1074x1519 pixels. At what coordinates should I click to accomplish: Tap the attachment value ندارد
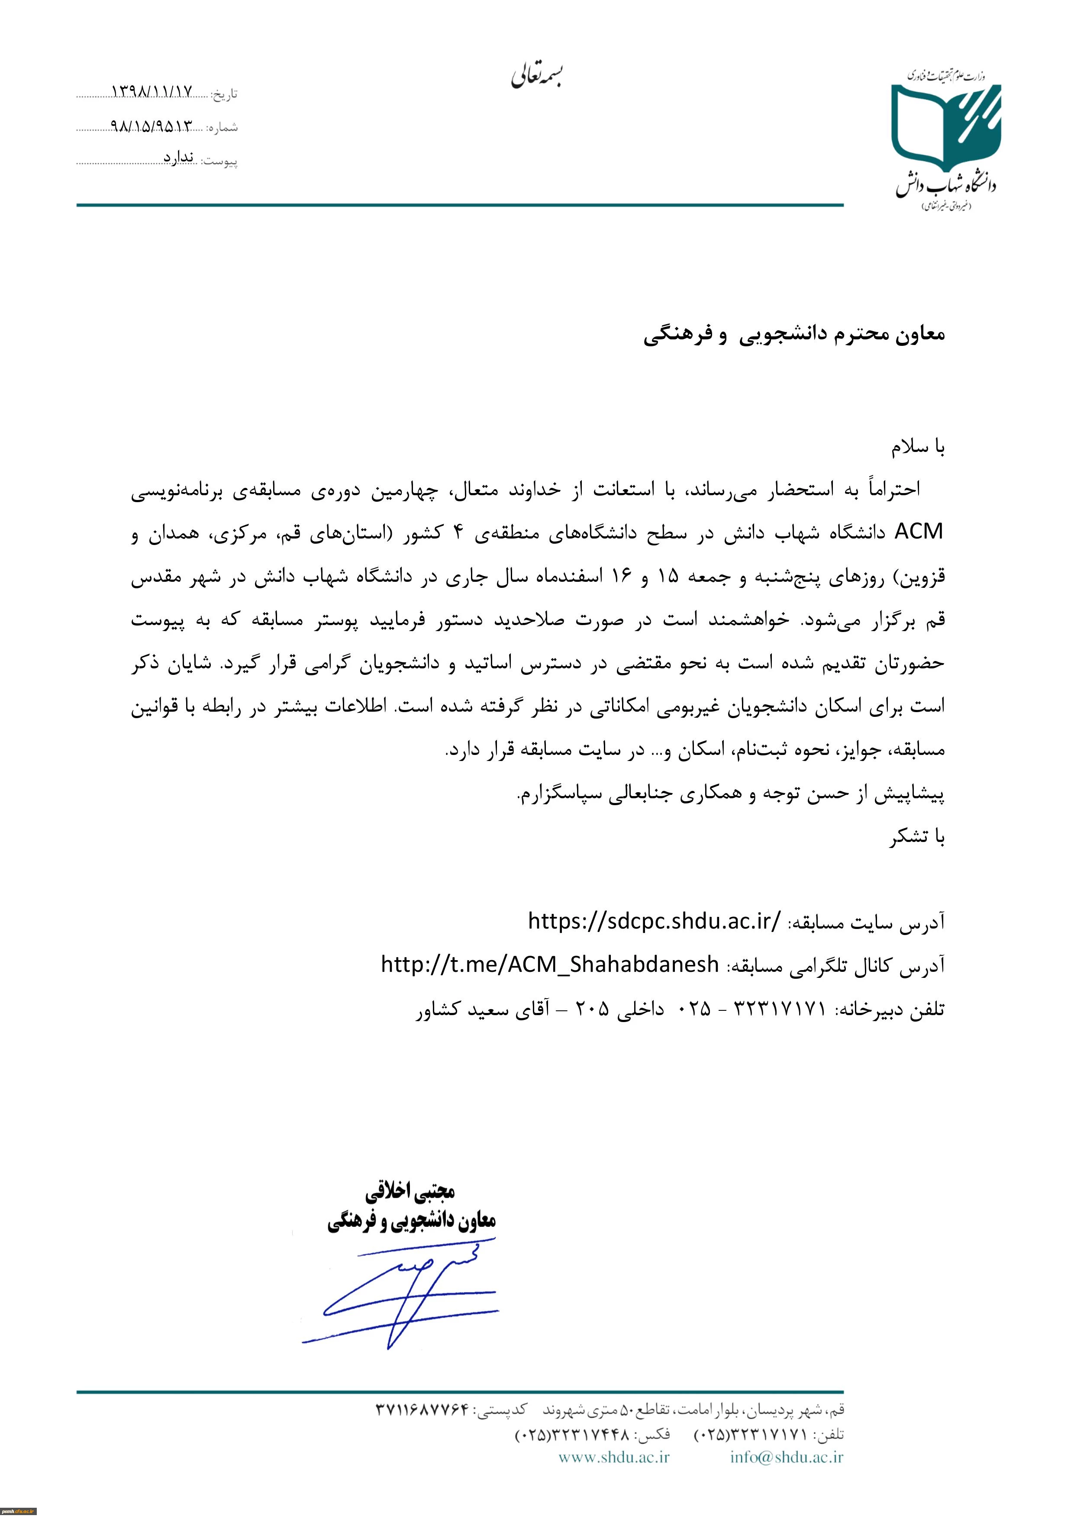(179, 158)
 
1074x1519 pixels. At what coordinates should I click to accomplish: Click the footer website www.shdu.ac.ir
(614, 1457)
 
